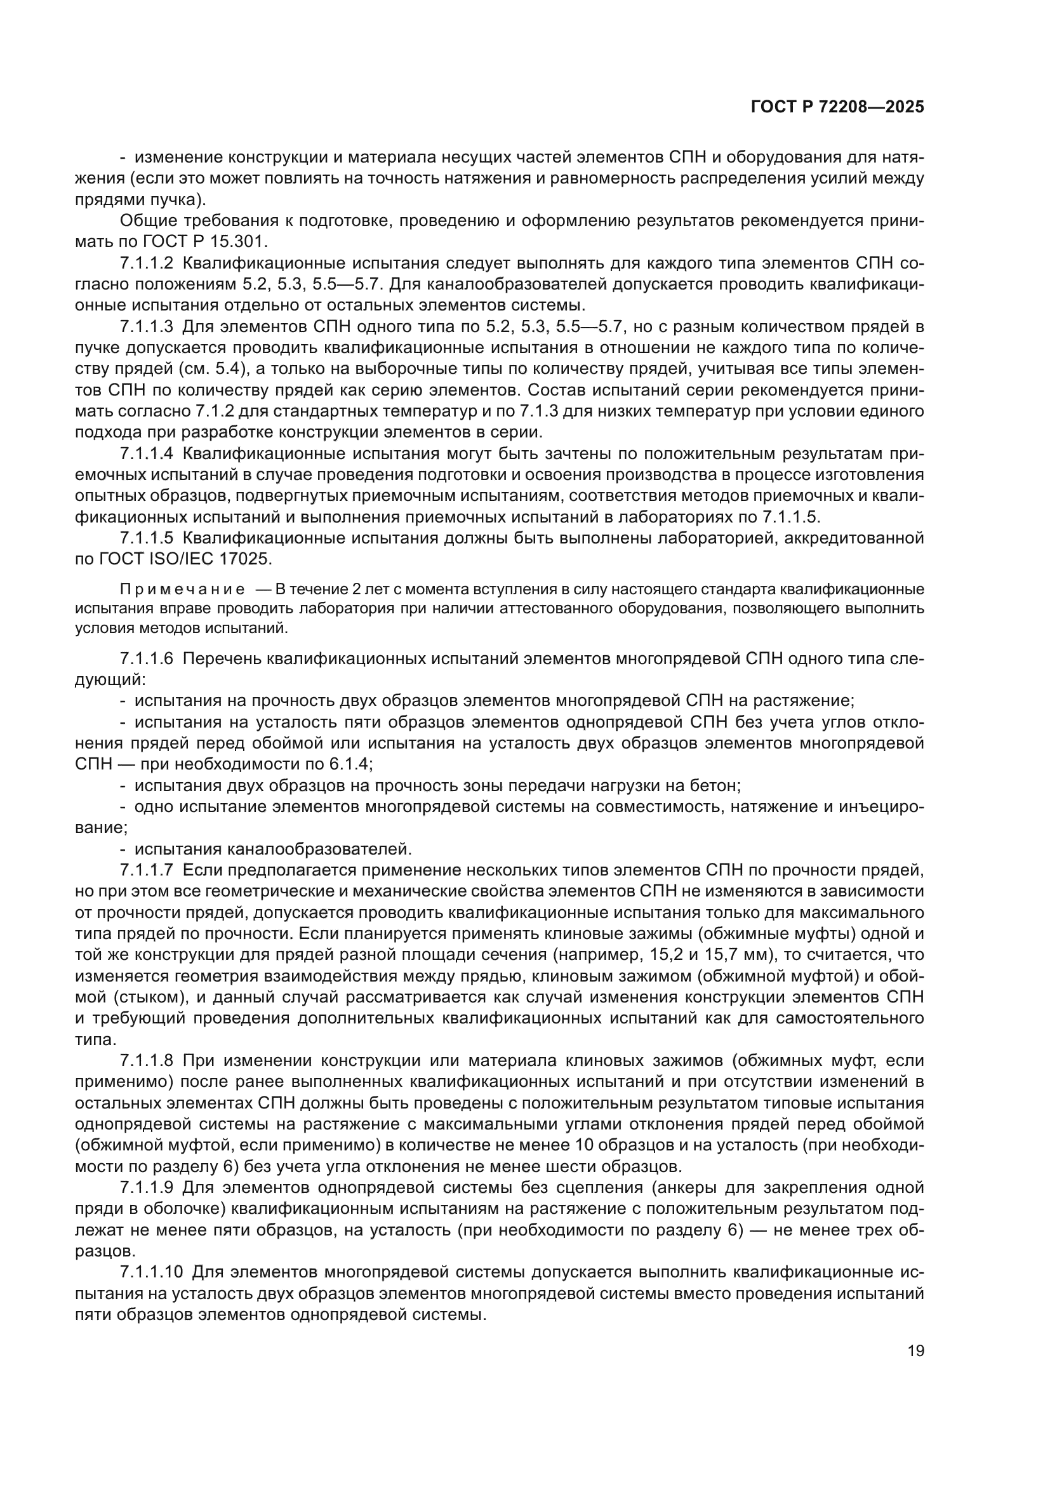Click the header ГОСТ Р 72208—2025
pyautogui.click(x=837, y=107)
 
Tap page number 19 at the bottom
pyautogui.click(x=915, y=1350)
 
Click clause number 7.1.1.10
pyautogui.click(x=151, y=1272)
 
